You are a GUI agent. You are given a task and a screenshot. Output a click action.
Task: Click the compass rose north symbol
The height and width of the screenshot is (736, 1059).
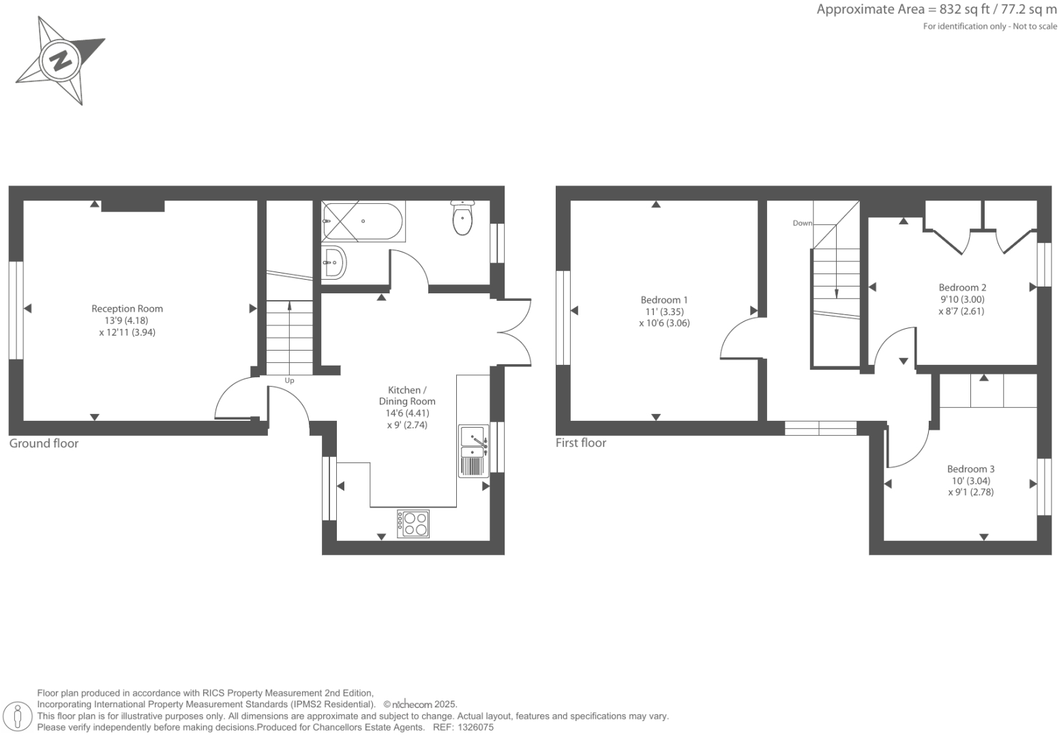(x=61, y=61)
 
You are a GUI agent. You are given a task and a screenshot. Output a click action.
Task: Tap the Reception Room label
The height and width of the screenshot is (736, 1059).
(x=127, y=308)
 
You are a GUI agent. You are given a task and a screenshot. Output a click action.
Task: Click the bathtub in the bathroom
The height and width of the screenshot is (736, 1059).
(x=363, y=221)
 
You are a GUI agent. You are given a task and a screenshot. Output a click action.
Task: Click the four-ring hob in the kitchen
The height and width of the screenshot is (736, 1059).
(x=414, y=523)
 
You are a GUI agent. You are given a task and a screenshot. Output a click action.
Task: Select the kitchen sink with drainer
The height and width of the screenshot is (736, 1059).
(x=473, y=450)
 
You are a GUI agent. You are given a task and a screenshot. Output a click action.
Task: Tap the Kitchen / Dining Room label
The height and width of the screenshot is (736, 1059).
(x=406, y=396)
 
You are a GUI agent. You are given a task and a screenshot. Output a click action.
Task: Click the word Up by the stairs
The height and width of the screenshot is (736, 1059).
(x=289, y=381)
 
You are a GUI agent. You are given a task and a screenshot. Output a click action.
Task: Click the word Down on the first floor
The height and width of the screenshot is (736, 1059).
(x=802, y=223)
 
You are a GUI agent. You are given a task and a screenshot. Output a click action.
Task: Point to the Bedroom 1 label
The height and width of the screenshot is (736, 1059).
(x=663, y=299)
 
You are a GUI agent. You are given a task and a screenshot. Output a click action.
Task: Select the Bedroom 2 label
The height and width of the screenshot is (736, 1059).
(x=962, y=287)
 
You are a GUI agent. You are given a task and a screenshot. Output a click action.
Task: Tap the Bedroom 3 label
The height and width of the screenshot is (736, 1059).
(x=970, y=469)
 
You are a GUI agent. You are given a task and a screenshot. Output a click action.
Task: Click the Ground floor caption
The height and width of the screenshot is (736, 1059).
(x=44, y=443)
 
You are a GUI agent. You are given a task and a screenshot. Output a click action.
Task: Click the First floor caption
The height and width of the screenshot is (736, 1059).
(x=580, y=443)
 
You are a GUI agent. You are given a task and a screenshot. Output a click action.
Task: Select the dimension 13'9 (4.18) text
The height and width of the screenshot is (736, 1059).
(x=126, y=321)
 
